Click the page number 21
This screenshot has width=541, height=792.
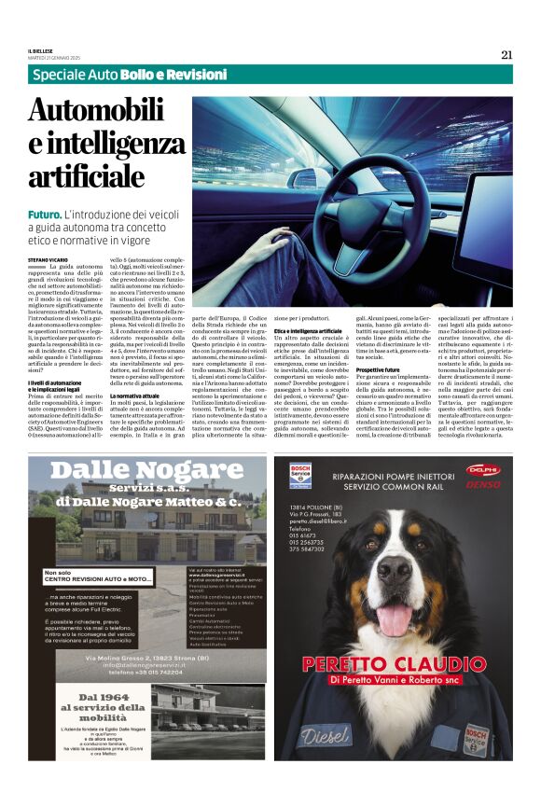coord(506,54)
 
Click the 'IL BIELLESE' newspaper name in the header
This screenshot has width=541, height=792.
coord(43,49)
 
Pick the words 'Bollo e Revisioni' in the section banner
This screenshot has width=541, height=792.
coord(163,74)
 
